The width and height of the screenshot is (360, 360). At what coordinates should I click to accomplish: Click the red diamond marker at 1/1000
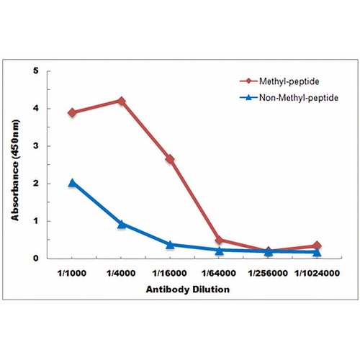coord(72,112)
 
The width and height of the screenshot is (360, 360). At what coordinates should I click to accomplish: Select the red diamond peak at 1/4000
coord(122,101)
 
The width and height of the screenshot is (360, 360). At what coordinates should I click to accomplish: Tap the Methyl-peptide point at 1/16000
coord(170,159)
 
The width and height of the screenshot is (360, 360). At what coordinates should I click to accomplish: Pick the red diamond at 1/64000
coord(219,240)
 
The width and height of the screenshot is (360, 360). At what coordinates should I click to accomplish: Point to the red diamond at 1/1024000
coord(317,246)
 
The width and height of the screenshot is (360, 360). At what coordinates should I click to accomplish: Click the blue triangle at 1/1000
coord(72,183)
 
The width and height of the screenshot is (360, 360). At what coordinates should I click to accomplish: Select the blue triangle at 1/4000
coord(122,224)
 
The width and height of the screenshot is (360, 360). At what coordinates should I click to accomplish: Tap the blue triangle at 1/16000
coord(170,245)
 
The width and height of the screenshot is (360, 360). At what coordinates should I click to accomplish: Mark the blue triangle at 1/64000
coord(219,251)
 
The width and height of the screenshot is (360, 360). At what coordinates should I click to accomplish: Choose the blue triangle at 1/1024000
coord(317,252)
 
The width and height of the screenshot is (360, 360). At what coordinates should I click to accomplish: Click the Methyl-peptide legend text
coord(289,81)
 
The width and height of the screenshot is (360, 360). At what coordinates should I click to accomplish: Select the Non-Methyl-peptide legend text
coord(299,98)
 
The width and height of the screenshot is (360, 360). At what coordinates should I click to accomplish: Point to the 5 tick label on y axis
coord(36,71)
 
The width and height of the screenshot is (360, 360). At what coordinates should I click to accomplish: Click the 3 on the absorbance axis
coord(36,146)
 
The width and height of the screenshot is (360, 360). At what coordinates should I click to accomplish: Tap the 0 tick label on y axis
coord(36,258)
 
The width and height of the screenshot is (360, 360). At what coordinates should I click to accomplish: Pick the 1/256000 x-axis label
coord(268,273)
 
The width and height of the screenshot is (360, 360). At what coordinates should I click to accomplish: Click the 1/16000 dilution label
coord(170,273)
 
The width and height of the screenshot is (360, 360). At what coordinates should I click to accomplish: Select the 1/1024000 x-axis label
coord(317,273)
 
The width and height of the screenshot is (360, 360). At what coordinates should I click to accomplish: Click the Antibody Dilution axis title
coord(188,289)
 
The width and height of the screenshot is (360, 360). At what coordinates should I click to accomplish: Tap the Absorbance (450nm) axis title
coord(15,170)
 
